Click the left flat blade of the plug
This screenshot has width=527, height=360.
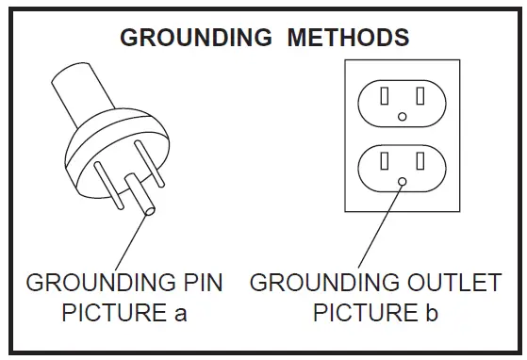(x=107, y=185)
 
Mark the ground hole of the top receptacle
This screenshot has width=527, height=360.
(x=403, y=116)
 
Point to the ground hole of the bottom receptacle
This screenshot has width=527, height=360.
(x=403, y=180)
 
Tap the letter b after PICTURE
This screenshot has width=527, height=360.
(x=432, y=313)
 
